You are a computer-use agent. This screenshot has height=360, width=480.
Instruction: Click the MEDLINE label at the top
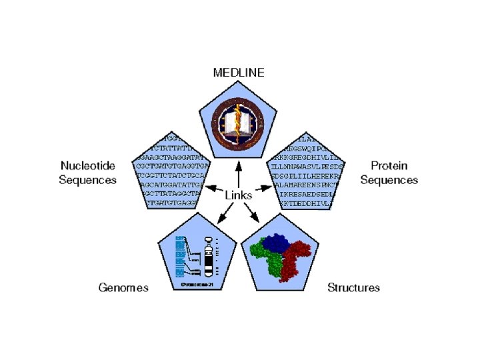pyautogui.click(x=238, y=72)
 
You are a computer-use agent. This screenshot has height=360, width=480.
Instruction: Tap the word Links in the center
pyautogui.click(x=239, y=195)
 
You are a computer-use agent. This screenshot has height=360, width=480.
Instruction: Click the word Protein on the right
pyautogui.click(x=389, y=165)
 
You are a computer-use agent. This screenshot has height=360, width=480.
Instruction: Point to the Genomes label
pyautogui.click(x=123, y=287)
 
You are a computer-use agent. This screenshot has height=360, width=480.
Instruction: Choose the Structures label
pyautogui.click(x=353, y=287)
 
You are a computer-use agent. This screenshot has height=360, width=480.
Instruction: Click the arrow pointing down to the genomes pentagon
pyautogui.click(x=225, y=211)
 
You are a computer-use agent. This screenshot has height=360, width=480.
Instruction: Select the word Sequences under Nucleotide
pyautogui.click(x=88, y=179)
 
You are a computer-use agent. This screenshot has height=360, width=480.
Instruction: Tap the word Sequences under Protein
pyautogui.click(x=389, y=179)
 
